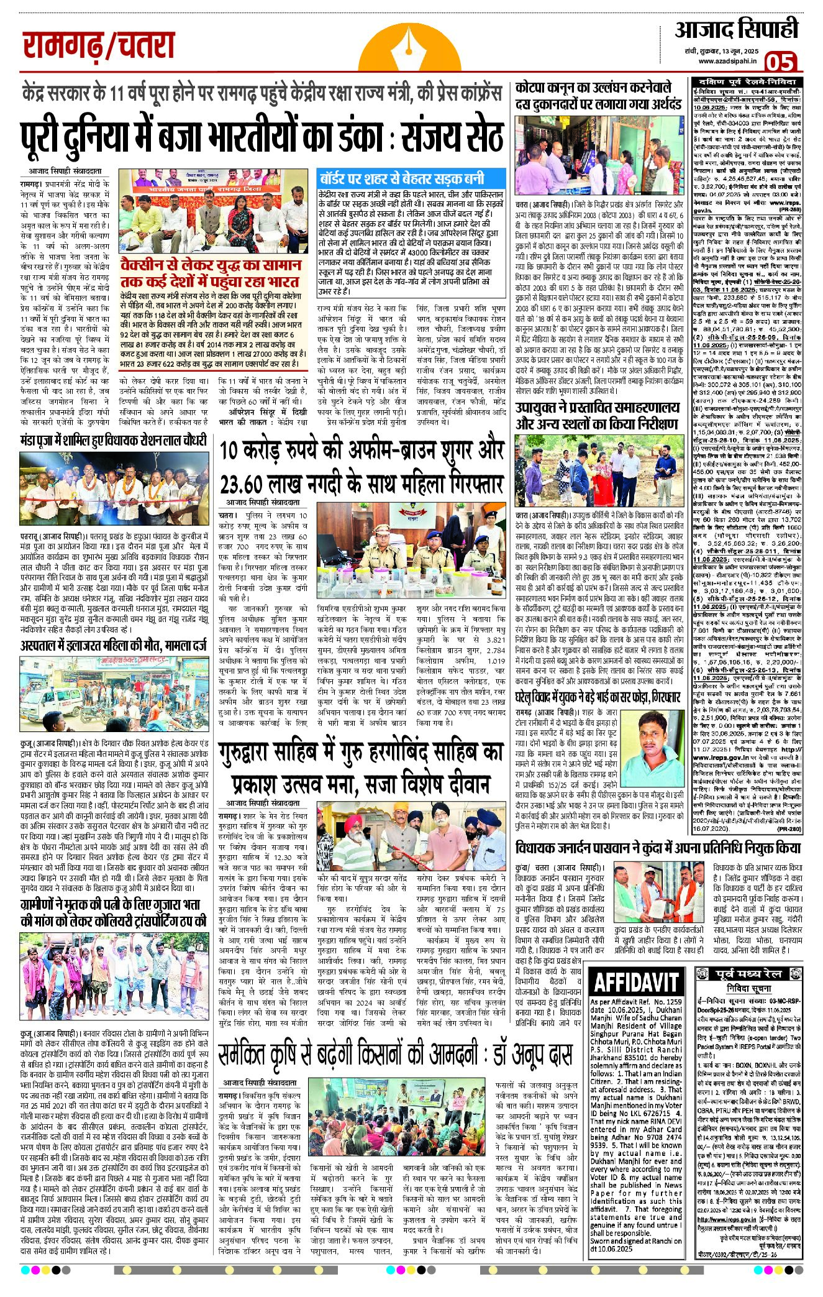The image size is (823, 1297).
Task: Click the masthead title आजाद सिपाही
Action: coord(736,30)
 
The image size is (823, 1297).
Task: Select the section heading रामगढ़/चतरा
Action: coord(99,47)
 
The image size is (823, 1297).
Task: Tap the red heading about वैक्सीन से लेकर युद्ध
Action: coord(210,273)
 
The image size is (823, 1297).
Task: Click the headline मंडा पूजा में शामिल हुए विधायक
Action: coord(112,441)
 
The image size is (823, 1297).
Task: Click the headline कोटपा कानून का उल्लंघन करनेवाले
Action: coord(598,96)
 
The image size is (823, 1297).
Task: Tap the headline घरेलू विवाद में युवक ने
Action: coord(598,697)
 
